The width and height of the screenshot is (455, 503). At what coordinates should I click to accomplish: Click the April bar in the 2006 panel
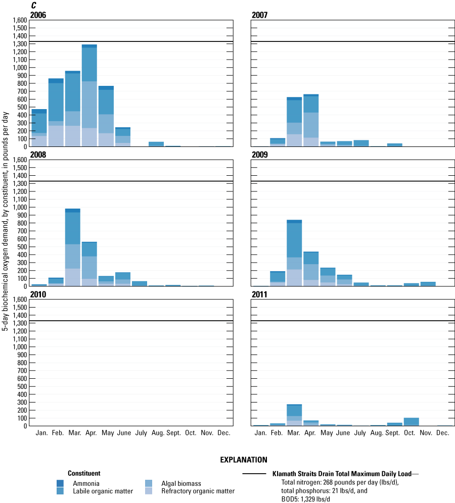[89, 95]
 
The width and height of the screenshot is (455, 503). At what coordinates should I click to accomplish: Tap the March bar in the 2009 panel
[294, 253]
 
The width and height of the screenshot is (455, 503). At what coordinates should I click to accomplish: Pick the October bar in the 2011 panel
[411, 422]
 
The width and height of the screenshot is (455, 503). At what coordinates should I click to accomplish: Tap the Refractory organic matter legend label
[198, 491]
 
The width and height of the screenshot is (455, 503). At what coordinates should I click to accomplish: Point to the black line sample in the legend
[254, 474]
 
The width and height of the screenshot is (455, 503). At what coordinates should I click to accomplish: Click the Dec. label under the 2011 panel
[443, 433]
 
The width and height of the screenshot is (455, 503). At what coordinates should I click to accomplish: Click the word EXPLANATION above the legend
[244, 460]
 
